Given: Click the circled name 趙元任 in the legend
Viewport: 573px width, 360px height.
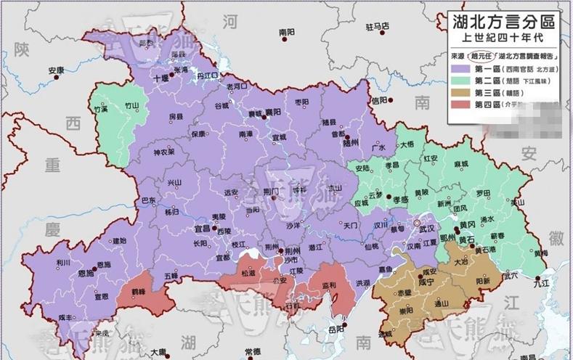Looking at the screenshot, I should pos(479,54).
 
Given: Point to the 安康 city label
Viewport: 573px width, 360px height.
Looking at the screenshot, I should pos(57,70).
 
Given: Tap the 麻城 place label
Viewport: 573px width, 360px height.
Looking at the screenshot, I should pos(460,165).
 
